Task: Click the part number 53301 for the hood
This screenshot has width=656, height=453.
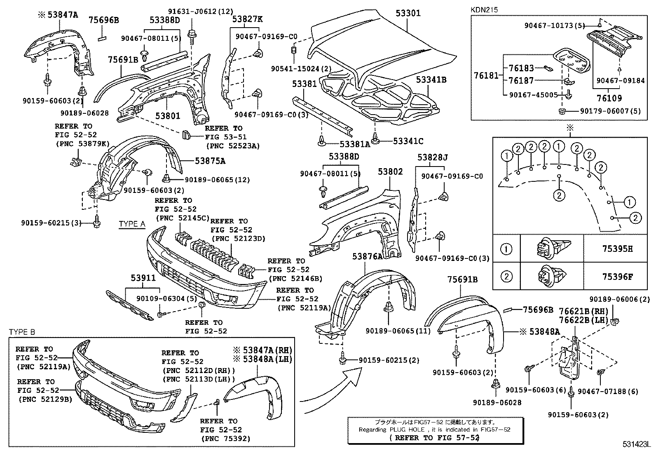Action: [408, 13]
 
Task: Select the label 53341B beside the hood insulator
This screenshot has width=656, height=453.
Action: [431, 80]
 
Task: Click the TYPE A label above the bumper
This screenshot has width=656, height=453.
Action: [132, 224]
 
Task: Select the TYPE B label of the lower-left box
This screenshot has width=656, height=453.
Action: [22, 332]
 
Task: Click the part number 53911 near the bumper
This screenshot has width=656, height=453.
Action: [143, 278]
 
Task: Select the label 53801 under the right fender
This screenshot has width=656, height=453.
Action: [168, 116]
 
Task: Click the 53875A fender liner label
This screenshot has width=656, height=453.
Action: [210, 161]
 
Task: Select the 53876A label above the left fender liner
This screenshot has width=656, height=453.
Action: [367, 256]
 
